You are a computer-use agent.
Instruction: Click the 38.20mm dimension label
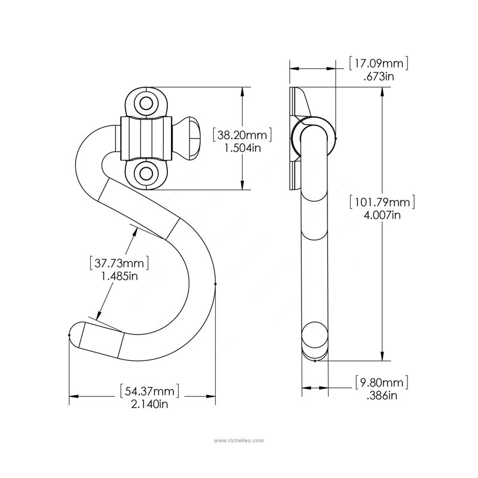242,135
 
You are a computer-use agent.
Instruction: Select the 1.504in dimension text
243,148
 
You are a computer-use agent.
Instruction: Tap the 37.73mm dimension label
119,263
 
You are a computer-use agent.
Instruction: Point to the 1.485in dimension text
119,276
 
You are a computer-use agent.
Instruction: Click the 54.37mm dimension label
149,391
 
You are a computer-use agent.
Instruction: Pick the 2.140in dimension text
149,405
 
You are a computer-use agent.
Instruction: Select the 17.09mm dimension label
379,63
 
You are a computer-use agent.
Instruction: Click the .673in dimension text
379,76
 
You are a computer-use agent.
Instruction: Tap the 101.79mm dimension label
382,203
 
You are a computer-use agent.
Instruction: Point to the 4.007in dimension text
382,215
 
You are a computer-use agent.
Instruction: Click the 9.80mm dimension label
382,382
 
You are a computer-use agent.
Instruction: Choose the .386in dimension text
382,396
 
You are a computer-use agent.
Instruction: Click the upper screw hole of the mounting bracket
146,103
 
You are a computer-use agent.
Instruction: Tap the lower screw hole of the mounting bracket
146,173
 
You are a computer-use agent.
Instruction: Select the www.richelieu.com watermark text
238,440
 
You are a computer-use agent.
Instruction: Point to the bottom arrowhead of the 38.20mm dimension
243,185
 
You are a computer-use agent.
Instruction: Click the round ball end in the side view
315,335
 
